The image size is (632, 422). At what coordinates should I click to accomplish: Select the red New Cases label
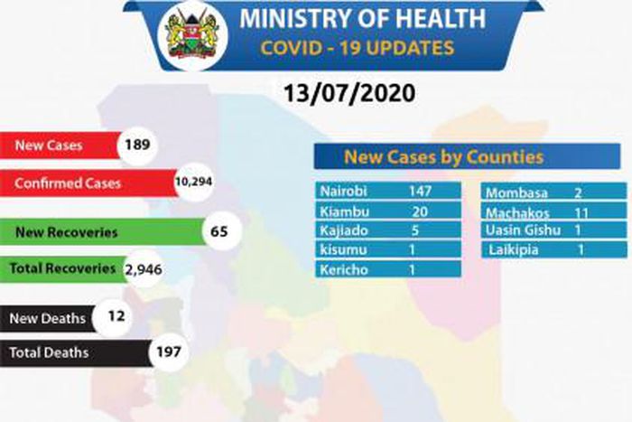point(58,145)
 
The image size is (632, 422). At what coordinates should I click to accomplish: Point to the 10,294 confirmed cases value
point(193,183)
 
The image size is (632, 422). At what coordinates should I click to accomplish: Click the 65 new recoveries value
point(218,231)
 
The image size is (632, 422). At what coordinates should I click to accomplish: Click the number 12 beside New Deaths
point(113,317)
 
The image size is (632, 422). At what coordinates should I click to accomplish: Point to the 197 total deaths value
point(168,352)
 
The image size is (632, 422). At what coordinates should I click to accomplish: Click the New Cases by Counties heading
point(442,157)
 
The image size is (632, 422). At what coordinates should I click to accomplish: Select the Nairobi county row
point(387,192)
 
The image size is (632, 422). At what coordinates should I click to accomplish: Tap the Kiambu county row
point(387,211)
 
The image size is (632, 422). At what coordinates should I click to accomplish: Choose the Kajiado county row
point(387,230)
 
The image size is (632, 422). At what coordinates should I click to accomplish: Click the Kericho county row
point(387,269)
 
